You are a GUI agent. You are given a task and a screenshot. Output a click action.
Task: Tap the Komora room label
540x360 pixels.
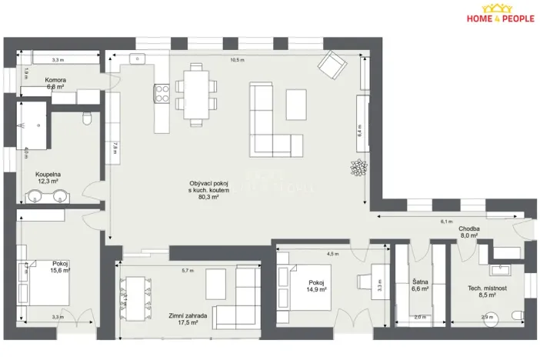coord(55,80)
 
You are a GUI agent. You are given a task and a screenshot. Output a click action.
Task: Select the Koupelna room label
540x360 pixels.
coord(48,174)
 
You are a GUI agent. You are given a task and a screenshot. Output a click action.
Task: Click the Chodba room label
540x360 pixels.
coord(469,228)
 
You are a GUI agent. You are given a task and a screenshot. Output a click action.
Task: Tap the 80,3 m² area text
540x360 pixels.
coord(204,197)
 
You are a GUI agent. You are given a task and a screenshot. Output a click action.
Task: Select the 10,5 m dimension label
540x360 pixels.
coord(238,60)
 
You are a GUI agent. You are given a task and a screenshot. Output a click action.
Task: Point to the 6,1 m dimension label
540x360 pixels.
coord(445,221)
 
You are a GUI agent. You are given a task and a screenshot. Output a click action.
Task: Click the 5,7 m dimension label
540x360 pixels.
coord(188,271)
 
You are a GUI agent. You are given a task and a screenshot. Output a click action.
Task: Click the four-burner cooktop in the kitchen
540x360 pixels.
coord(162,95)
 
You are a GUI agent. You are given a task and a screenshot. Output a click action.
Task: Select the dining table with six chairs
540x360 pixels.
coord(195,94)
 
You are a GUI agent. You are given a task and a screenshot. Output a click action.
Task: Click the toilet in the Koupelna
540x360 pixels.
coord(87,118)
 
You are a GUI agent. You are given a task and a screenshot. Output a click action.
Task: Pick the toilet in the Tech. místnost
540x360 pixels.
coord(518,315)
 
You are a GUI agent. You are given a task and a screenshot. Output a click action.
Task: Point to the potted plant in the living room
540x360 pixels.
coord(358,166)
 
